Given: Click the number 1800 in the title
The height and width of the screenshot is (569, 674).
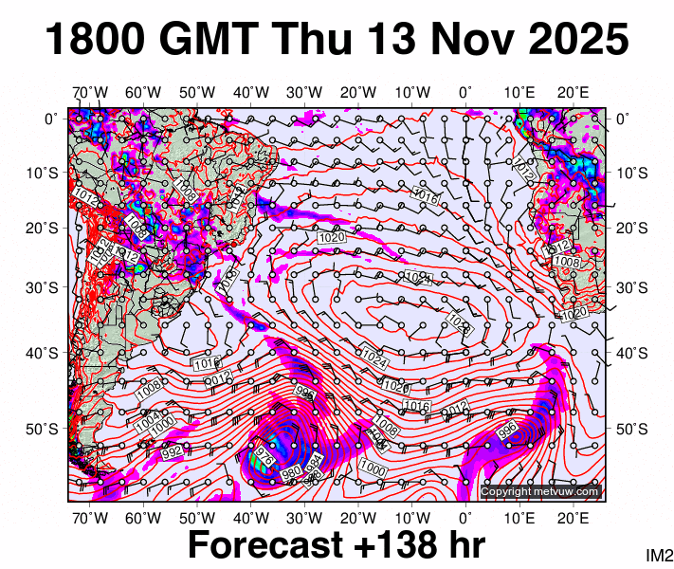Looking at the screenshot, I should pyautogui.click(x=96, y=41).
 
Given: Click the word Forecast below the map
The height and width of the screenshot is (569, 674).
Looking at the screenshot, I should pyautogui.click(x=264, y=545).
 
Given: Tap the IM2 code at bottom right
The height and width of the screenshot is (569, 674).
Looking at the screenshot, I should pyautogui.click(x=659, y=555).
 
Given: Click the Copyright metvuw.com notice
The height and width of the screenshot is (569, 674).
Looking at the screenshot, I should pyautogui.click(x=539, y=491).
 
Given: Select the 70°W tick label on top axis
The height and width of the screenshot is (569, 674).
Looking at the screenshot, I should pyautogui.click(x=90, y=92).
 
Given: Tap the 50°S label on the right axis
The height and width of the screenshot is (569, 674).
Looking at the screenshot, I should pyautogui.click(x=632, y=429).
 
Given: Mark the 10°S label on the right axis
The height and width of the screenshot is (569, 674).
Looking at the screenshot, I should pyautogui.click(x=632, y=174).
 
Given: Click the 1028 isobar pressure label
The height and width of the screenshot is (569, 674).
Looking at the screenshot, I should pyautogui.click(x=459, y=323).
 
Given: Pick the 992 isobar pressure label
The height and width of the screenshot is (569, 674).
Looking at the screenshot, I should pyautogui.click(x=172, y=452).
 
